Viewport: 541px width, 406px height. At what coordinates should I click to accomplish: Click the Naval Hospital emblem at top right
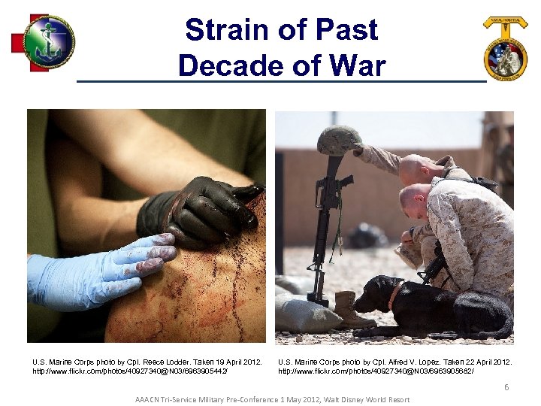point(505,49)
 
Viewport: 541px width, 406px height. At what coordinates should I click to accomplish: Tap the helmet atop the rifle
point(340,141)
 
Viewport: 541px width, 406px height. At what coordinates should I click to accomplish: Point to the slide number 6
point(506,387)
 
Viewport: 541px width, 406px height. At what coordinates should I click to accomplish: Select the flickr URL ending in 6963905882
point(376,371)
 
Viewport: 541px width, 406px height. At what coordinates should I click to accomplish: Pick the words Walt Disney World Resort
point(367,399)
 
